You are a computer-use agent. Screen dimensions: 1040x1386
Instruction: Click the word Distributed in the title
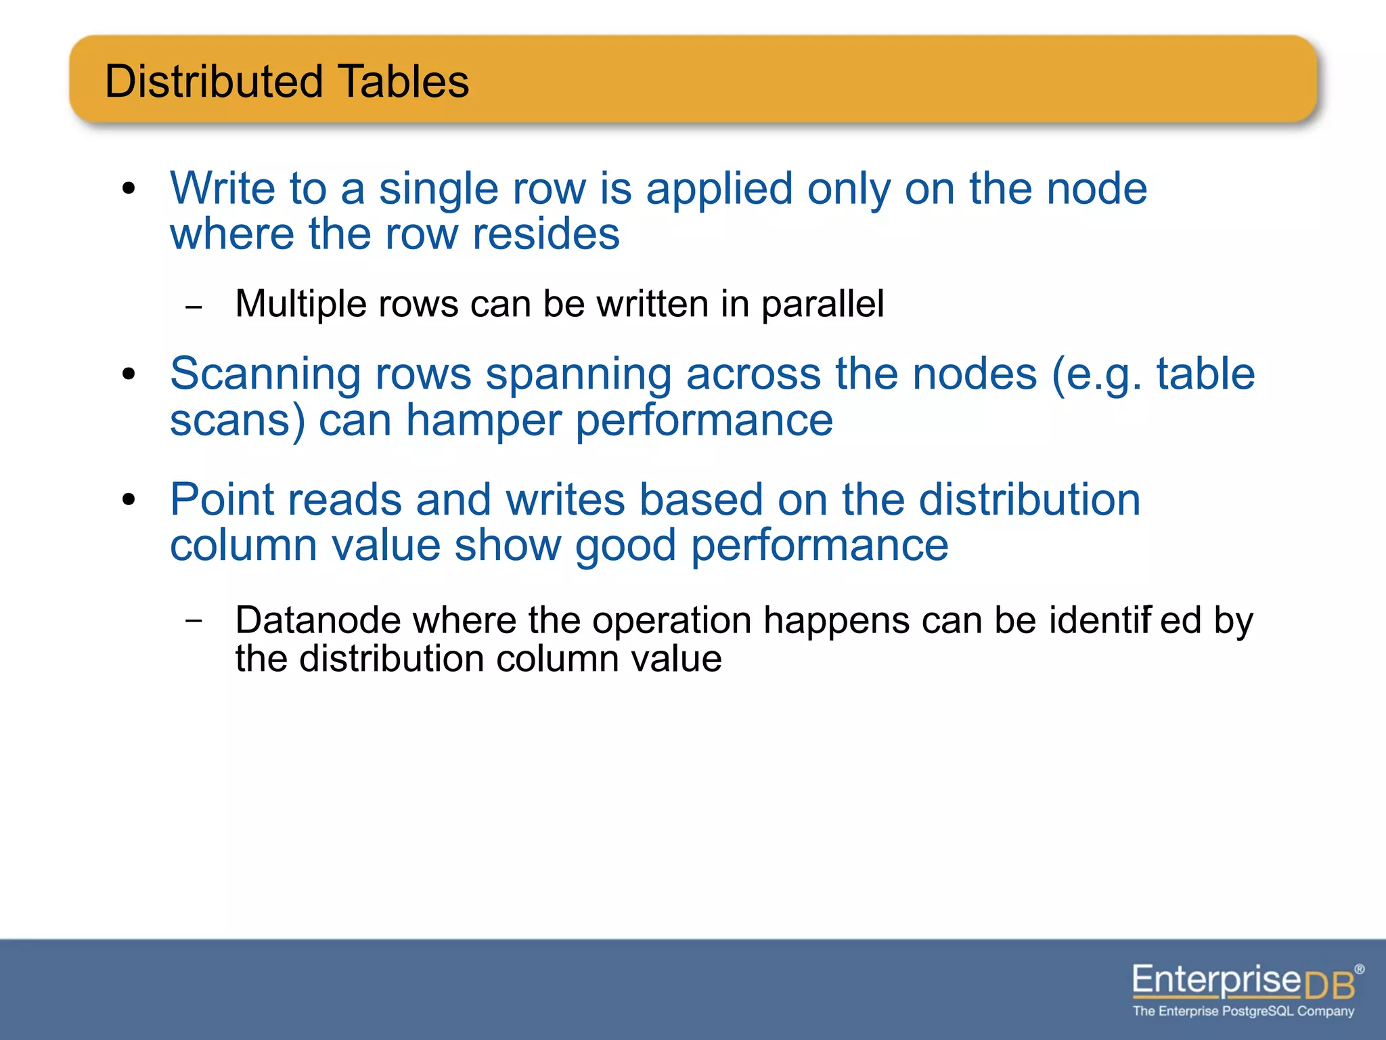[214, 81]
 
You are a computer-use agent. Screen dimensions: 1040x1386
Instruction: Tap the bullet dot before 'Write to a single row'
[129, 189]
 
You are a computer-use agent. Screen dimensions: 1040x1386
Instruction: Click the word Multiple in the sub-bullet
[300, 304]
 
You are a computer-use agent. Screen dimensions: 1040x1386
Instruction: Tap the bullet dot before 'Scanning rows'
[129, 374]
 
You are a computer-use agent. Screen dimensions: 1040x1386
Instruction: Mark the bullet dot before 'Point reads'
[129, 500]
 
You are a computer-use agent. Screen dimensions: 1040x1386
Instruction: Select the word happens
[836, 620]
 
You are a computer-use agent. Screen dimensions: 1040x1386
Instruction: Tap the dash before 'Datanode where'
[194, 620]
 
